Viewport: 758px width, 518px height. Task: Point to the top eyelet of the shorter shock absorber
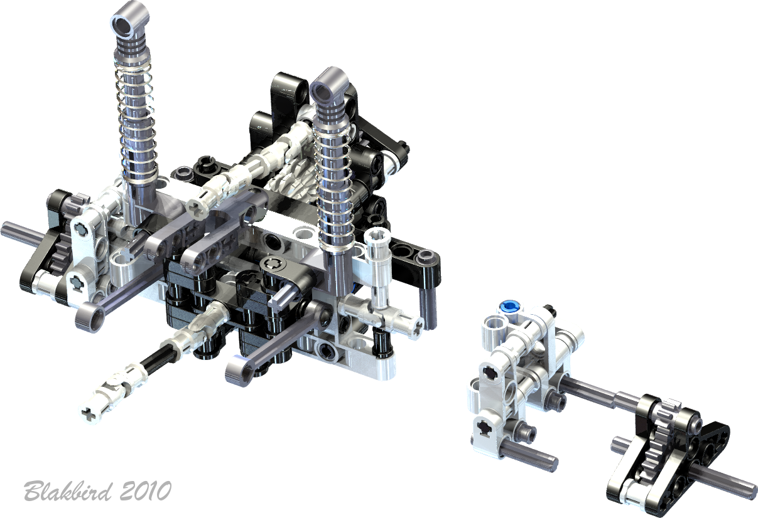point(330,85)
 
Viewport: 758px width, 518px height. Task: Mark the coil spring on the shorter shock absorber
point(333,189)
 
